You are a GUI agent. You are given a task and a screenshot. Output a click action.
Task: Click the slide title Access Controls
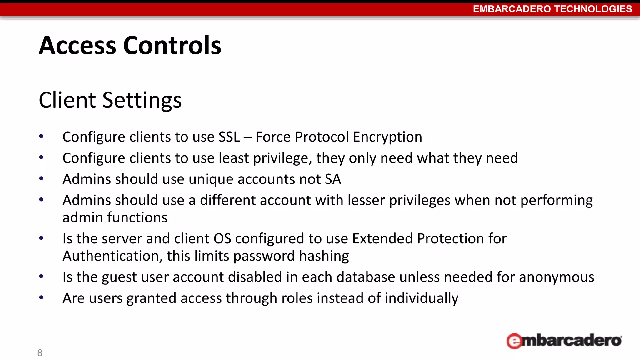(x=130, y=46)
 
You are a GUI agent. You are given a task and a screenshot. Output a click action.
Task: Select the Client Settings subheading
(x=110, y=100)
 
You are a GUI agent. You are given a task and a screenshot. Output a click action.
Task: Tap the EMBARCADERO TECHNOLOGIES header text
(x=552, y=9)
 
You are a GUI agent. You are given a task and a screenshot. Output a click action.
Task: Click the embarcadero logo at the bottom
(x=564, y=341)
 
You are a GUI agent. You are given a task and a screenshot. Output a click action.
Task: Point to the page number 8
(x=40, y=353)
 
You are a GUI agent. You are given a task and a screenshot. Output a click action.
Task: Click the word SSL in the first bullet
(x=229, y=137)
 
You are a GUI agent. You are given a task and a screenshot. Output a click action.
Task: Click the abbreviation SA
(x=333, y=179)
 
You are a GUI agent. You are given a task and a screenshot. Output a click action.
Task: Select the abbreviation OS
(x=222, y=239)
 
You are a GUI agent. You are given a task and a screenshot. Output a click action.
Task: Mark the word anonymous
(x=557, y=277)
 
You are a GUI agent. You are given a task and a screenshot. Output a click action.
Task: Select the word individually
(x=422, y=299)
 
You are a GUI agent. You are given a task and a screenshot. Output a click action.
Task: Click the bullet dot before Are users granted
(x=41, y=298)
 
